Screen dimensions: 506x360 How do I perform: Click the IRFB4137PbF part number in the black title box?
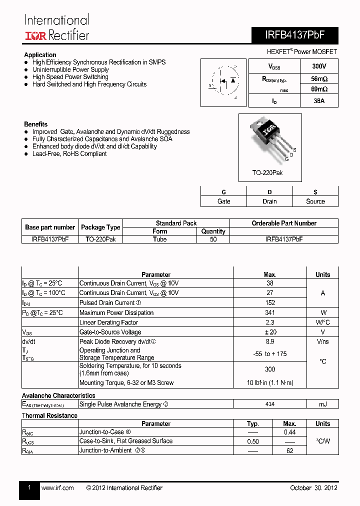tap(294, 36)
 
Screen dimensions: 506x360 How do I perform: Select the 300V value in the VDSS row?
tap(318, 66)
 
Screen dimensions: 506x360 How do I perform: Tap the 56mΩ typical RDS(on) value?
tap(318, 79)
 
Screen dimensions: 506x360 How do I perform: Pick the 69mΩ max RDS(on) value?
tap(318, 89)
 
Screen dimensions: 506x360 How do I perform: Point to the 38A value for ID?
tap(318, 101)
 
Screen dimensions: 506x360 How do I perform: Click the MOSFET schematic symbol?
tap(223, 82)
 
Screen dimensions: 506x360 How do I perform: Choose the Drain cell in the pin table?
tap(269, 201)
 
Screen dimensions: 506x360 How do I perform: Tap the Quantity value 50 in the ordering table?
tap(213, 239)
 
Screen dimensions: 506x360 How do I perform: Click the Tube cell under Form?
tap(160, 239)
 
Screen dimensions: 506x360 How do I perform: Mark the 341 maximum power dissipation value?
tap(270, 313)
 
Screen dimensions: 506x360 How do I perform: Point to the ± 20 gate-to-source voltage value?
tap(270, 332)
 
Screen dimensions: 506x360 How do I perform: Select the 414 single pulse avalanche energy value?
tap(270, 404)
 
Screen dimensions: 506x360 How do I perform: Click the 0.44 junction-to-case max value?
tap(289, 432)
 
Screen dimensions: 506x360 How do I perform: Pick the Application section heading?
tap(40, 55)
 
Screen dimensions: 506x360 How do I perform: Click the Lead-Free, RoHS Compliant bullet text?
tap(69, 154)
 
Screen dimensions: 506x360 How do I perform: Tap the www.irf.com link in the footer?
tap(57, 488)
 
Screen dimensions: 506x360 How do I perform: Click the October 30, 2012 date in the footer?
tap(313, 488)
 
